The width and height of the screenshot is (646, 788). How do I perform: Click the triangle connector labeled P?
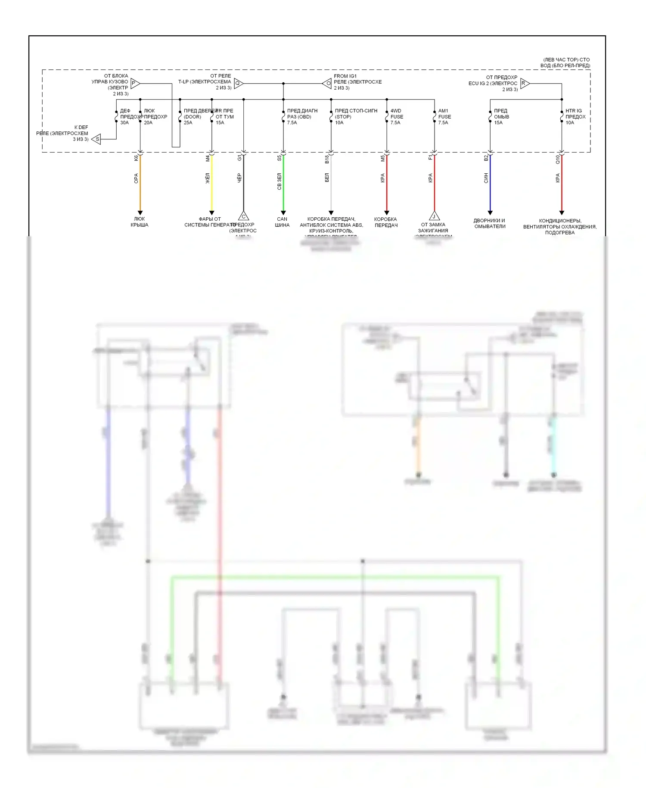(x=134, y=83)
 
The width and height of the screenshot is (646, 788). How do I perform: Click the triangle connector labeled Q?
(x=238, y=83)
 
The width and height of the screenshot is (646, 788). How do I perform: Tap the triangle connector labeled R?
(x=524, y=83)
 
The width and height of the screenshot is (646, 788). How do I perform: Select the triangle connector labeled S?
(x=97, y=139)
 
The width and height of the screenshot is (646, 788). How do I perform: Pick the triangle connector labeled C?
(x=243, y=216)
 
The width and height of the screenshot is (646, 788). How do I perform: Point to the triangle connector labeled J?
(x=434, y=216)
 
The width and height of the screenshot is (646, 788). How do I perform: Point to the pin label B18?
(x=327, y=159)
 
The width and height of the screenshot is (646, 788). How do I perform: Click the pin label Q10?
(x=558, y=159)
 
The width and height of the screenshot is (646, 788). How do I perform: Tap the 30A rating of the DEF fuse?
(x=124, y=123)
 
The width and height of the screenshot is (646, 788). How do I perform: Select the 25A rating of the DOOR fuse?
(x=188, y=123)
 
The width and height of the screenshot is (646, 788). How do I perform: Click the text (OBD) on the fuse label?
(x=304, y=117)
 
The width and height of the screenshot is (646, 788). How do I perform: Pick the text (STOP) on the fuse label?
(x=343, y=117)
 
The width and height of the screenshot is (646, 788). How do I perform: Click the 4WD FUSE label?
(x=397, y=114)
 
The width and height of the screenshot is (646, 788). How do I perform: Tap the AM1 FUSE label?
(x=444, y=114)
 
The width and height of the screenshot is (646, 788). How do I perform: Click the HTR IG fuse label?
(x=574, y=111)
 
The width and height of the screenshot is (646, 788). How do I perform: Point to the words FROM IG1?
(x=345, y=76)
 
